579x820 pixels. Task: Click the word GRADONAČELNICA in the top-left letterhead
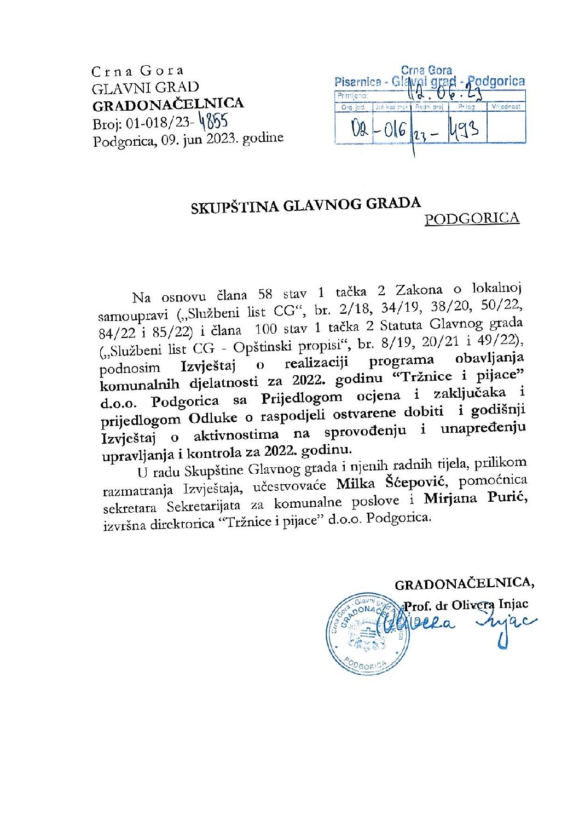tap(168, 104)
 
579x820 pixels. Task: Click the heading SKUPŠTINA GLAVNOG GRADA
tap(306, 205)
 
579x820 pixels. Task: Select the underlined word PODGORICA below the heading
tap(472, 219)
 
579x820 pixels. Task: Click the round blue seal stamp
tap(367, 634)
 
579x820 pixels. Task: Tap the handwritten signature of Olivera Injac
tap(460, 624)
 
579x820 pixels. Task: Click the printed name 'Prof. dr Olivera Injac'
tap(466, 605)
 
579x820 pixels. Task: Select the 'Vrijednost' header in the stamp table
tap(506, 107)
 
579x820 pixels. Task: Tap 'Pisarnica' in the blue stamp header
tap(357, 82)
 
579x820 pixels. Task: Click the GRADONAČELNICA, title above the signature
tap(464, 584)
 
